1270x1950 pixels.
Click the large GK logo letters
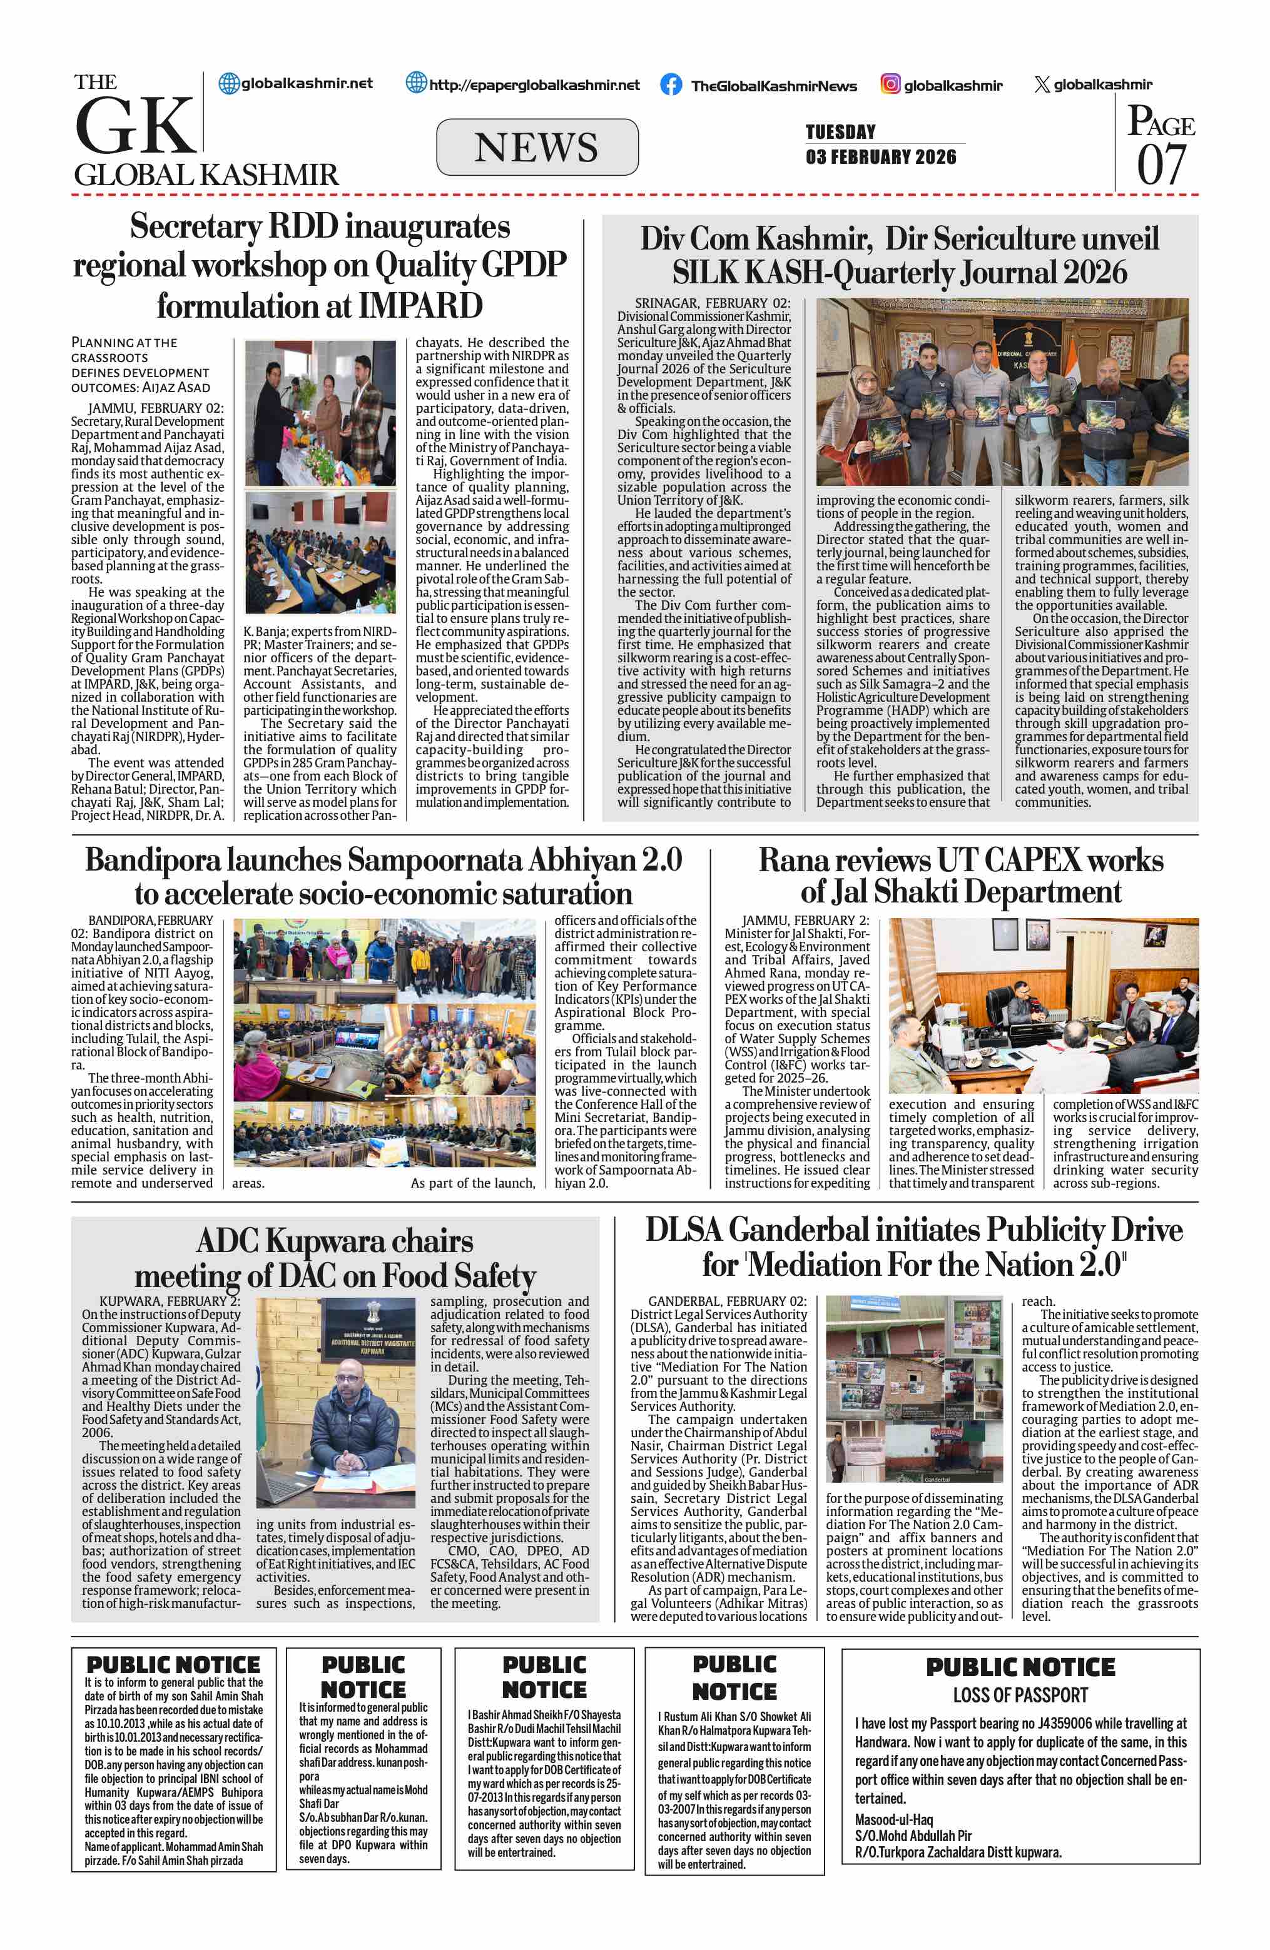click(135, 124)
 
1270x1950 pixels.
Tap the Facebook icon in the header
click(670, 84)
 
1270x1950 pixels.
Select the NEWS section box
click(537, 148)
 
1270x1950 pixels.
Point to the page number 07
click(1161, 163)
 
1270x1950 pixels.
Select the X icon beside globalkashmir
click(1042, 84)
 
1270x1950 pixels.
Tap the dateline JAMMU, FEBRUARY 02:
click(156, 408)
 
